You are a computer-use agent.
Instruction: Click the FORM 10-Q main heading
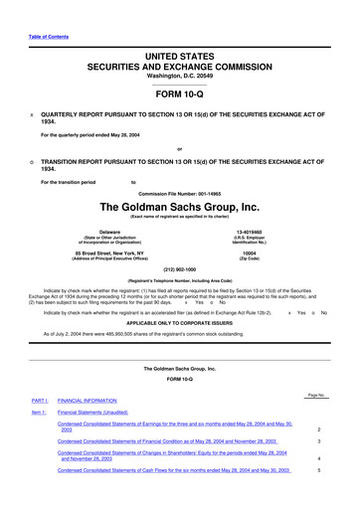(180, 91)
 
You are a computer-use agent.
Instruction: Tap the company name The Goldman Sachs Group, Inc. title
(180, 207)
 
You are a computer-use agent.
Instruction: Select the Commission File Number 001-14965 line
(180, 191)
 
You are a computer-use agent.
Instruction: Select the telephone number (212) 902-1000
(180, 269)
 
